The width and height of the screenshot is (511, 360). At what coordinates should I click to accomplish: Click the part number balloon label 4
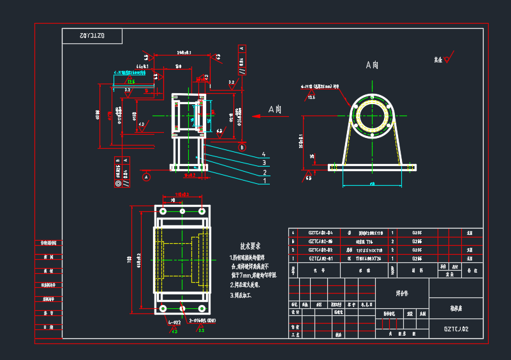click(263, 154)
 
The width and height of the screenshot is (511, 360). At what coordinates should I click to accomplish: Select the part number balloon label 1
click(263, 181)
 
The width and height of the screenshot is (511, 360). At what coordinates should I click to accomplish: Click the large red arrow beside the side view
click(259, 116)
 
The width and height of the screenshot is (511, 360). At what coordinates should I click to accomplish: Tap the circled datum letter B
click(242, 147)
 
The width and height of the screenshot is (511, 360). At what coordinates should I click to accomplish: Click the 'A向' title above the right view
click(372, 64)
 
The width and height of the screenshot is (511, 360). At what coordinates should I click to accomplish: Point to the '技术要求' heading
click(251, 246)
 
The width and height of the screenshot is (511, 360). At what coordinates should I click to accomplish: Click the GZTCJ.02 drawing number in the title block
click(456, 329)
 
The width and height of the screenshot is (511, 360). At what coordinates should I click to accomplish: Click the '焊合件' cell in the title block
click(403, 294)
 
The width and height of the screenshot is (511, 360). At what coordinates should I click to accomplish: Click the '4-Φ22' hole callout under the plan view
click(175, 323)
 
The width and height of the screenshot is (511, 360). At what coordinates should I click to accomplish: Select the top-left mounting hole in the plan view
click(163, 211)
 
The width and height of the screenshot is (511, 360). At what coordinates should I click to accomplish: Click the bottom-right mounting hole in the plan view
click(202, 310)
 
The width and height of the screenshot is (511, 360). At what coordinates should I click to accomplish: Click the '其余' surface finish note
click(438, 59)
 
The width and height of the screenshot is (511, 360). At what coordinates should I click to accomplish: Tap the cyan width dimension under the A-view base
click(372, 184)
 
